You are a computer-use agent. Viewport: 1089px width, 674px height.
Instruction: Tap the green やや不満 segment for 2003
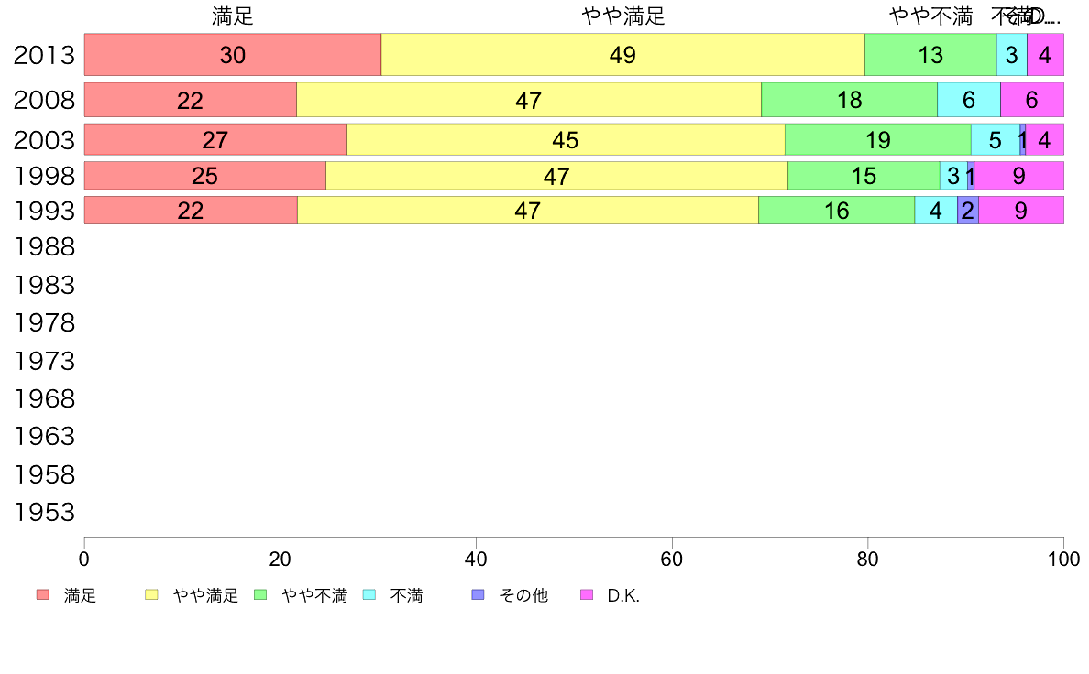(877, 139)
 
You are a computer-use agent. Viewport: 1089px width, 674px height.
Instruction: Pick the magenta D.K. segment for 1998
(1018, 176)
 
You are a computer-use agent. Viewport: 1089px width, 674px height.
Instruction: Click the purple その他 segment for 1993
(967, 211)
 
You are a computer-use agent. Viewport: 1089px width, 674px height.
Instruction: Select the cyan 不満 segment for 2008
(968, 100)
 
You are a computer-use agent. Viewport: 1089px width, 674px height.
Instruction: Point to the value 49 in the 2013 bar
(622, 55)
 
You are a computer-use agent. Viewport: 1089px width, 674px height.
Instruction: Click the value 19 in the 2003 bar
(878, 140)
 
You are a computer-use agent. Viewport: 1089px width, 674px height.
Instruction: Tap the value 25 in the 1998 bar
(205, 176)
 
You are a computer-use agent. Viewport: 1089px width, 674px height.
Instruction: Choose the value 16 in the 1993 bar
(836, 211)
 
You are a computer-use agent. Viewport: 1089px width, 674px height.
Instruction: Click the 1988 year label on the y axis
(44, 246)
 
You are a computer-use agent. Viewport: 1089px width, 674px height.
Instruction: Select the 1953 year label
(44, 512)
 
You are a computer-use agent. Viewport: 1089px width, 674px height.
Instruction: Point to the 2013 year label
(44, 55)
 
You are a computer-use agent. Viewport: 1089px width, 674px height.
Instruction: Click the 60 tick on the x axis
(672, 559)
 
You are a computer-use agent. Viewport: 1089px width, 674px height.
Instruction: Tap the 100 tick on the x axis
(1063, 559)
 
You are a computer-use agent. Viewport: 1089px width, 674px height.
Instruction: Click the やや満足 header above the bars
(622, 16)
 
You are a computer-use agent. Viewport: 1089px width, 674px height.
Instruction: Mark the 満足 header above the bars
(233, 16)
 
